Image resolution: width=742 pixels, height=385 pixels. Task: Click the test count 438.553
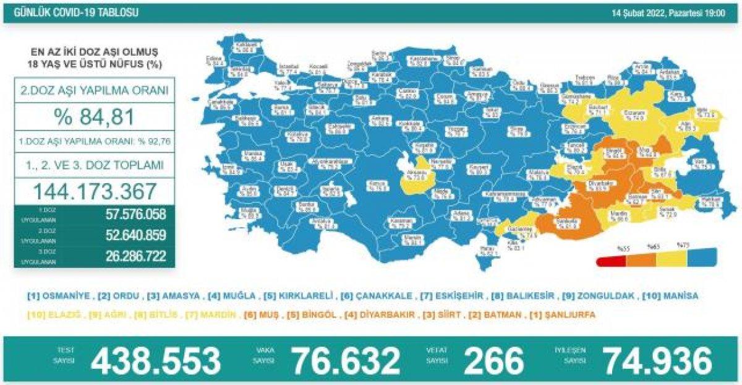coord(156,361)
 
